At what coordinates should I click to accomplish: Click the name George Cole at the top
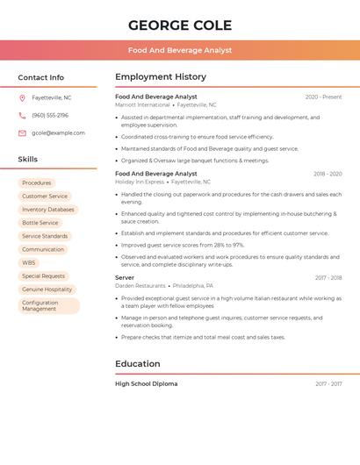click(180, 25)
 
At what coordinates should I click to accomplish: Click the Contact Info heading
click(41, 77)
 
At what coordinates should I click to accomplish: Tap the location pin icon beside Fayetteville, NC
click(22, 97)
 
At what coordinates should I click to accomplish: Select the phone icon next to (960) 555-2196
click(22, 115)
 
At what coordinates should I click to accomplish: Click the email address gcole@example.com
click(58, 132)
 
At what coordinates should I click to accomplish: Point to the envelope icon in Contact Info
click(22, 132)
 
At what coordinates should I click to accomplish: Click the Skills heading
click(28, 159)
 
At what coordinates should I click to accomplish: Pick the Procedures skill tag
click(37, 182)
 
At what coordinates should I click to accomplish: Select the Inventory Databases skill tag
click(48, 210)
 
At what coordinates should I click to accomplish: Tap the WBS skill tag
click(29, 262)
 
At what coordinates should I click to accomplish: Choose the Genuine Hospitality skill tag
click(47, 289)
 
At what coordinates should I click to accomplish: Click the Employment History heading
click(161, 77)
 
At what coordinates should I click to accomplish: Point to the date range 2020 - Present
click(323, 97)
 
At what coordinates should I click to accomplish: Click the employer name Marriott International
click(142, 104)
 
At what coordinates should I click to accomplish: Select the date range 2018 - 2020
click(328, 174)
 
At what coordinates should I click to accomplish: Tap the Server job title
click(125, 277)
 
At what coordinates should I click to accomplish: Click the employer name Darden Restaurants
click(140, 285)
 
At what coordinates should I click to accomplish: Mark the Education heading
click(138, 363)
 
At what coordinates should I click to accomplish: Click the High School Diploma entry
click(146, 383)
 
